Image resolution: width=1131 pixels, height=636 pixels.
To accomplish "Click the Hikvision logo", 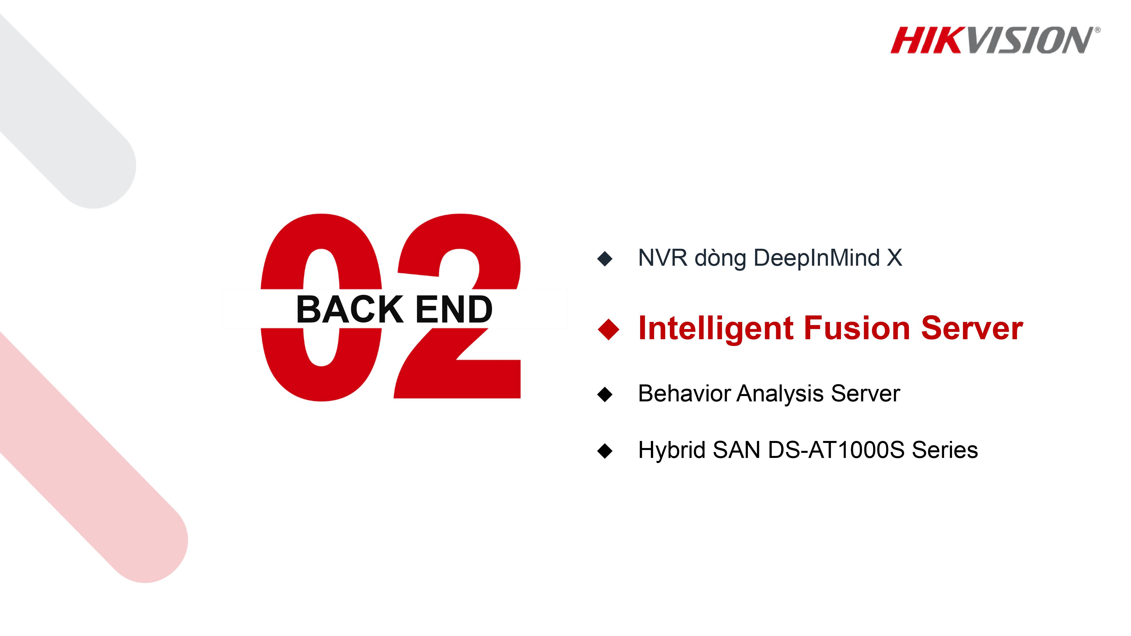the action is [994, 40].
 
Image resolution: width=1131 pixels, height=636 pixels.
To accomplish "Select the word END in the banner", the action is [454, 310].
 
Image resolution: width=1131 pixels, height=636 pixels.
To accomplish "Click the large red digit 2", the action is [505, 377].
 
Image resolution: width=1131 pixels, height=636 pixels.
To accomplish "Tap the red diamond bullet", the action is [608, 329].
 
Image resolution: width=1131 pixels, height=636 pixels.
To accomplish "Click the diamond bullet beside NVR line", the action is [605, 259].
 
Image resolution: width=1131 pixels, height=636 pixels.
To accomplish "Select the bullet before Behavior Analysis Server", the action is [605, 394].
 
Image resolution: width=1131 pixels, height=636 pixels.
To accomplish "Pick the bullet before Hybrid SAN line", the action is [605, 451].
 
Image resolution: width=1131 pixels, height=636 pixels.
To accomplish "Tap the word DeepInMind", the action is [817, 258].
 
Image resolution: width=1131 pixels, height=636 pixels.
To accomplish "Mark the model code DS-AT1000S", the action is [836, 450].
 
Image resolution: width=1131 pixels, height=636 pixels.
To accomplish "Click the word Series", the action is [945, 450].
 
